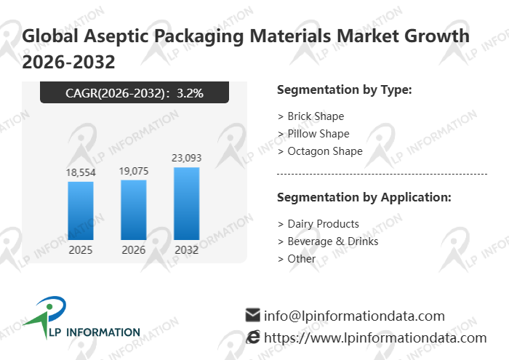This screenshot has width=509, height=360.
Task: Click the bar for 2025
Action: pos(81,210)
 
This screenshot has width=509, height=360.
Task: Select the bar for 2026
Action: pos(134,209)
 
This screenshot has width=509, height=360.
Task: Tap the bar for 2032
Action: pos(186,203)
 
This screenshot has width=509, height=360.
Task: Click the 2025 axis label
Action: pos(81,249)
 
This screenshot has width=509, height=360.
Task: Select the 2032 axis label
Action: pos(186,249)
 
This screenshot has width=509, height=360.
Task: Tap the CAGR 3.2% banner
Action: pos(135,92)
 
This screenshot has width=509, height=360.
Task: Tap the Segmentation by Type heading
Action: pos(345,90)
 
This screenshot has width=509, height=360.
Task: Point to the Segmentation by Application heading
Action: pos(364,198)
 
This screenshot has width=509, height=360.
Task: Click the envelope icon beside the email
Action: pos(252,315)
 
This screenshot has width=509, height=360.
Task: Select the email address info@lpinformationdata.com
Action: pos(354,316)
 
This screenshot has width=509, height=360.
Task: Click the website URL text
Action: pos(375,337)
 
